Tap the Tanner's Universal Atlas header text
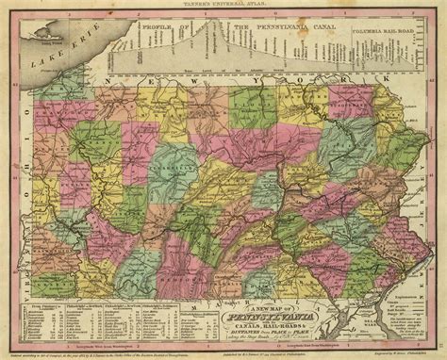tap(224, 5)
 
